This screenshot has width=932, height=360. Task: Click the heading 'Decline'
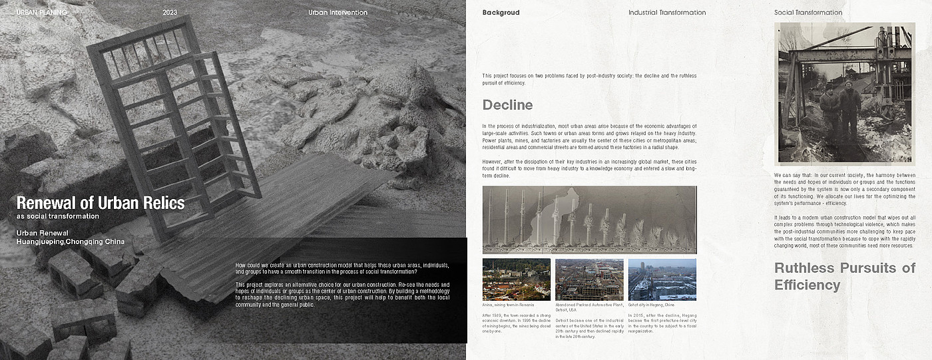tap(507, 105)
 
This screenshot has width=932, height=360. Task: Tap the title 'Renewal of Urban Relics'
tap(100, 203)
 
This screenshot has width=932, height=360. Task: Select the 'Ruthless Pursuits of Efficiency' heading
tap(845, 276)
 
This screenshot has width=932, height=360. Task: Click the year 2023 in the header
tap(170, 13)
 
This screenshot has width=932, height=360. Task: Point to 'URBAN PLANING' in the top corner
tap(42, 13)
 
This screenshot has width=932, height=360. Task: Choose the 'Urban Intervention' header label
tap(338, 13)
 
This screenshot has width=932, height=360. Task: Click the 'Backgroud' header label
tap(501, 13)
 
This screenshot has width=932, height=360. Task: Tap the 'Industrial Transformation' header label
tap(667, 13)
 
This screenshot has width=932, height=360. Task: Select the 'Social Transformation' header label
tap(808, 13)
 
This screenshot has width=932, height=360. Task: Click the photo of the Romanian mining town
tap(516, 279)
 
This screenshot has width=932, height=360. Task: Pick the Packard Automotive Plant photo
tap(589, 279)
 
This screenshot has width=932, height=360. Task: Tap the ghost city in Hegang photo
tap(662, 279)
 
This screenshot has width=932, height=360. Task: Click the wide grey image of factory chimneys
tap(589, 219)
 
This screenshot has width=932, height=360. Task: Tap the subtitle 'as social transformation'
tap(58, 216)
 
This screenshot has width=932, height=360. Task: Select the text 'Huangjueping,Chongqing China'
tap(70, 242)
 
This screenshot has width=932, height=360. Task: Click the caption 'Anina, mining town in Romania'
tap(509, 305)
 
